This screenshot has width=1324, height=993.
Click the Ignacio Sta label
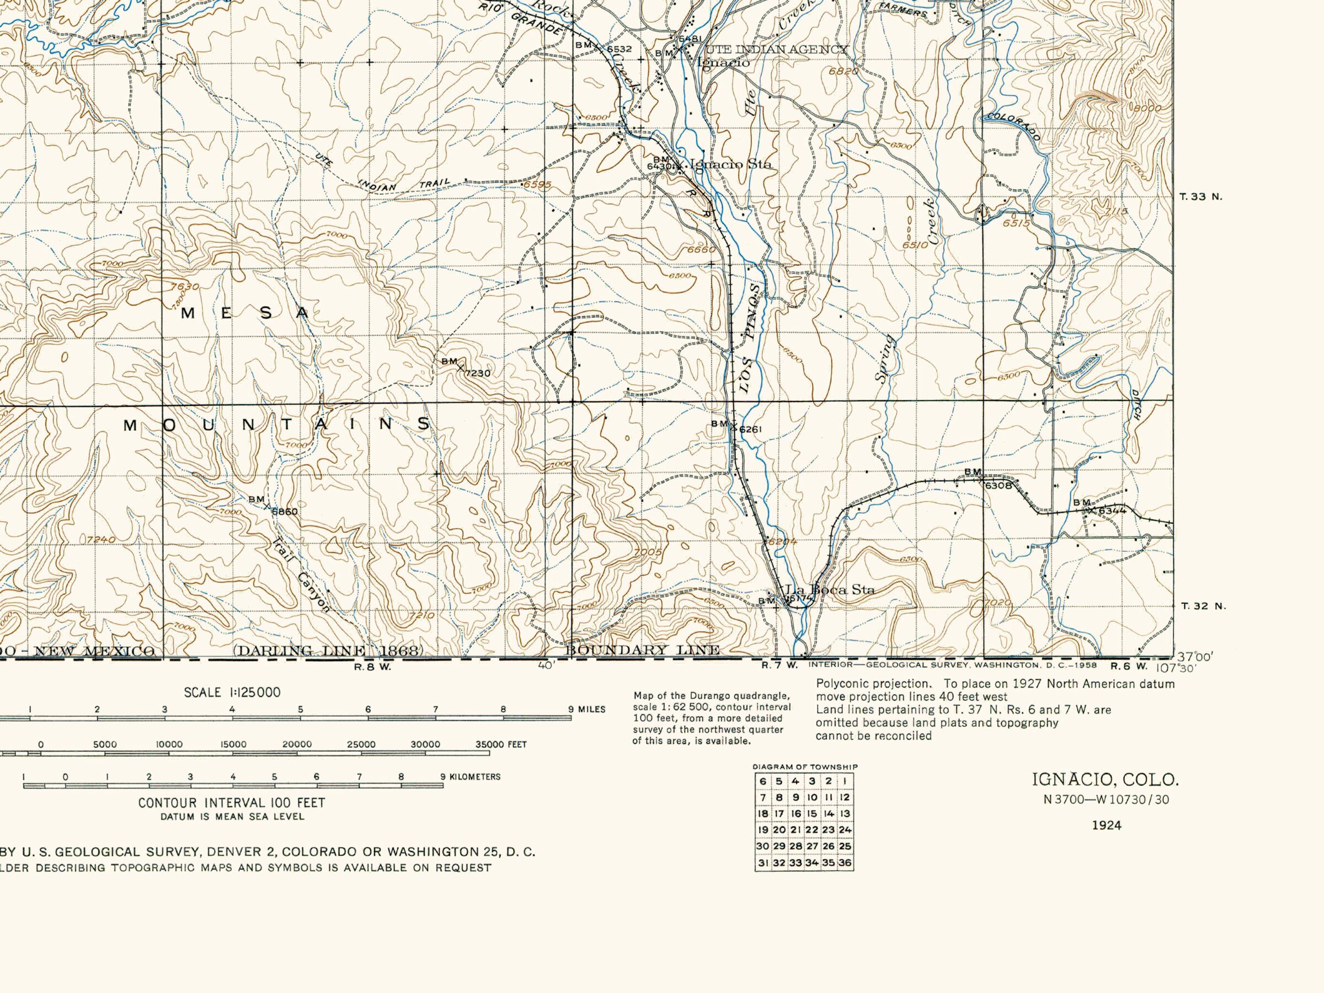[x=731, y=164]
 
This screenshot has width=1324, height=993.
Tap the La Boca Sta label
[x=830, y=589]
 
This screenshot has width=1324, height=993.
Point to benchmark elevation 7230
[x=477, y=373]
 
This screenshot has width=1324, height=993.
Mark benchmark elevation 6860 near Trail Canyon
[x=284, y=512]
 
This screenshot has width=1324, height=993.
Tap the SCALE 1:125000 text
[x=232, y=693]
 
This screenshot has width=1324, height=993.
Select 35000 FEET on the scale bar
[x=501, y=745]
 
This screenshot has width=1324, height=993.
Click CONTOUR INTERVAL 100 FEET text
[x=232, y=803]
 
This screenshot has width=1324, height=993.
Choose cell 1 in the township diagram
[x=845, y=781]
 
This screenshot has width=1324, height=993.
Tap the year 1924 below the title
[x=1106, y=825]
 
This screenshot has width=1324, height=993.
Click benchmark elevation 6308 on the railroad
[x=998, y=486]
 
